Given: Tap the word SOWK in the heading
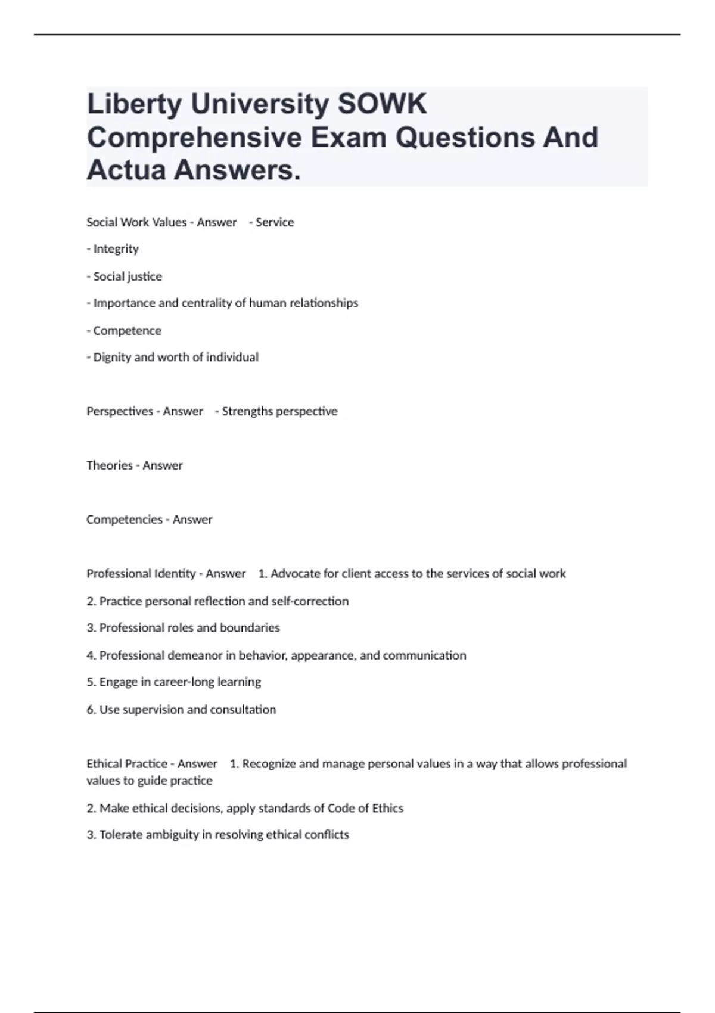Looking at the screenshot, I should tap(382, 104).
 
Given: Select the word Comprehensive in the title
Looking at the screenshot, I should tap(194, 138).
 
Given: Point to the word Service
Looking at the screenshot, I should tap(275, 222).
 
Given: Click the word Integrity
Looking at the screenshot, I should tap(116, 249).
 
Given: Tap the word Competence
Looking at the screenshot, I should tap(127, 331).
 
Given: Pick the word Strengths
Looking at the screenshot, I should tap(247, 411).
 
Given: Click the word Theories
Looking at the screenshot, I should tap(109, 465).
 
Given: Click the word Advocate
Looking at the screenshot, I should tap(295, 574).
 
